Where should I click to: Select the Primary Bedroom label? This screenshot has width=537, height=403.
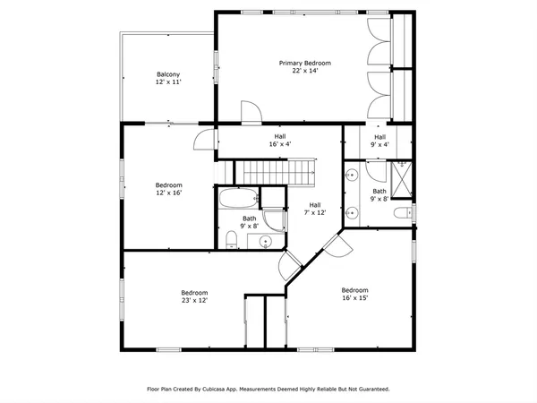click(304, 63)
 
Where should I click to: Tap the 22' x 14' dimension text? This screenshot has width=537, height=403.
click(304, 72)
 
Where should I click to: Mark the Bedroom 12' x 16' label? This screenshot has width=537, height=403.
click(168, 189)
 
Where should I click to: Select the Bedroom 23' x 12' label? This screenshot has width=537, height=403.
click(194, 296)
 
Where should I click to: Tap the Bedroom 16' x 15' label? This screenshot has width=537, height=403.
click(354, 294)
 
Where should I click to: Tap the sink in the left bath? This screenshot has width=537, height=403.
click(264, 242)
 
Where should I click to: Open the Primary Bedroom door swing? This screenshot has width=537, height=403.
click(251, 111)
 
